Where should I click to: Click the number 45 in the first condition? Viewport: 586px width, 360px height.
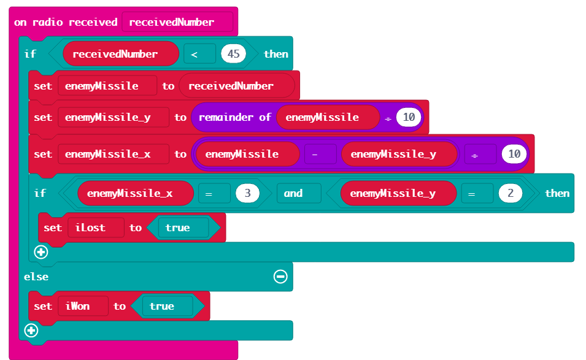point(233,54)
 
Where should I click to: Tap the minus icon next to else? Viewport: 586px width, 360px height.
point(280,277)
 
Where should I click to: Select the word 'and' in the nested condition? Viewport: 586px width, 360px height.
point(293,193)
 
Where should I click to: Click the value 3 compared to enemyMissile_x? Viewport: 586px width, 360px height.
point(247,193)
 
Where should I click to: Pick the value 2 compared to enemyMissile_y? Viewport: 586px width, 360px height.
point(509,193)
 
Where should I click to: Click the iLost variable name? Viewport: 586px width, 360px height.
point(90,228)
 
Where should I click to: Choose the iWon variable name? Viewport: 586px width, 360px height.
point(78,306)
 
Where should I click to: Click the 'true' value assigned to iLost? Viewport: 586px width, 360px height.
point(177,228)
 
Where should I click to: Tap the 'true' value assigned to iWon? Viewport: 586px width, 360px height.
point(161,306)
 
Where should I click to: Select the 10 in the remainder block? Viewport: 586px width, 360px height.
point(409,117)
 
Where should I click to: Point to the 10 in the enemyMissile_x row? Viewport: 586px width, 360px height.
point(514,154)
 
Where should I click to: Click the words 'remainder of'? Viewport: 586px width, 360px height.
point(235,117)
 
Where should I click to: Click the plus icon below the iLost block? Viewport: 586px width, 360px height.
point(41,252)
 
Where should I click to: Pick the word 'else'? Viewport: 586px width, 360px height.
point(36,277)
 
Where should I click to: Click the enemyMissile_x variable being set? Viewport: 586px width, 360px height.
point(108,154)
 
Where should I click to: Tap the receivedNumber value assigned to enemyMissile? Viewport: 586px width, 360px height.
point(231,86)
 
